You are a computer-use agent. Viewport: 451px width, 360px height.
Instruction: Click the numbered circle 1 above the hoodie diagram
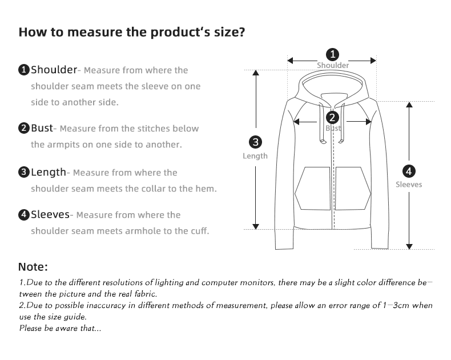click(332, 54)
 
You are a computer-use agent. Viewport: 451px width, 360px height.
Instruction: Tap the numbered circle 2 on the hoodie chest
click(332, 118)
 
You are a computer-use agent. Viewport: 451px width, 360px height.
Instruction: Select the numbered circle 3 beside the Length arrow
click(255, 142)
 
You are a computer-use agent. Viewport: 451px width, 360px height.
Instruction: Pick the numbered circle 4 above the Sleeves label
click(409, 171)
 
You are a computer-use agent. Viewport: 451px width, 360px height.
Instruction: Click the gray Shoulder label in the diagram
click(333, 65)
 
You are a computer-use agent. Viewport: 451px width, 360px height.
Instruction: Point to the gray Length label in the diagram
click(255, 156)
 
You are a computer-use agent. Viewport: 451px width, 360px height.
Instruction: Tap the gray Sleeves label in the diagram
click(409, 185)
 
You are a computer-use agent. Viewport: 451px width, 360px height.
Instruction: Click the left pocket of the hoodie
click(313, 189)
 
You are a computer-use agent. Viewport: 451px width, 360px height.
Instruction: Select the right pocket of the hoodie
click(353, 189)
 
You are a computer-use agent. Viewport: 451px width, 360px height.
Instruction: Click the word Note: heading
click(33, 267)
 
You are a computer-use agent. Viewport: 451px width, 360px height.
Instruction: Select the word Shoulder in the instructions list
click(54, 70)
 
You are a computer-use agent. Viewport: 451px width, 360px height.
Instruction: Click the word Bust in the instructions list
click(42, 128)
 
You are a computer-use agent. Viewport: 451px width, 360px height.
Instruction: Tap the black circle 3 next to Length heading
click(24, 172)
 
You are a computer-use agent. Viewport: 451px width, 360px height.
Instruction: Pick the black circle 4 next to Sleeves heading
click(24, 214)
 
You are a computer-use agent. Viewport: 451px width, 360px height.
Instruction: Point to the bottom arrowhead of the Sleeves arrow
click(409, 246)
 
